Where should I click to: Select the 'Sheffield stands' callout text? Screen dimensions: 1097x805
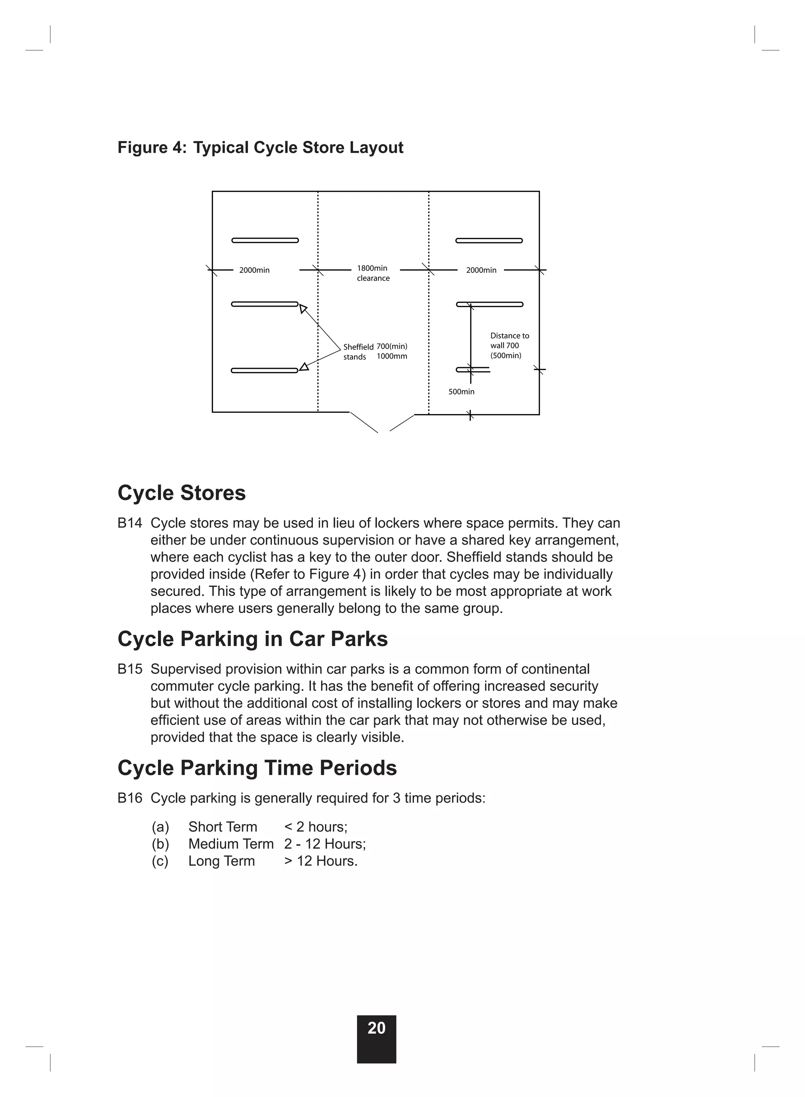click(358, 352)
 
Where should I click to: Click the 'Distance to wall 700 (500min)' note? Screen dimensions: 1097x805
click(509, 346)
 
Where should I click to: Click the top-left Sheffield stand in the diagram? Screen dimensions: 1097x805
click(265, 240)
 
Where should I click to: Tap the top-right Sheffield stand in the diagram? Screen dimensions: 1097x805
click(489, 241)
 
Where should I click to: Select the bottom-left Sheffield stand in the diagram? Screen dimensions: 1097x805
click(265, 370)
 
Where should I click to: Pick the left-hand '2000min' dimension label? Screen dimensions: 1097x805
click(254, 271)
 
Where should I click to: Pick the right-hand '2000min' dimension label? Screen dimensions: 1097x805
click(481, 271)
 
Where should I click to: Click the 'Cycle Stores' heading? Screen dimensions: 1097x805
click(181, 493)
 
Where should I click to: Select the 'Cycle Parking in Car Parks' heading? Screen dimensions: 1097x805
click(252, 639)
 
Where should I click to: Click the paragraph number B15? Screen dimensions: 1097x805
click(130, 669)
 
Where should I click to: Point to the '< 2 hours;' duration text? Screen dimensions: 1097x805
click(316, 826)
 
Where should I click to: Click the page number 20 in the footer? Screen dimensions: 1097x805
click(376, 1028)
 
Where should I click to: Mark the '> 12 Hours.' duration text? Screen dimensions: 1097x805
click(321, 861)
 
